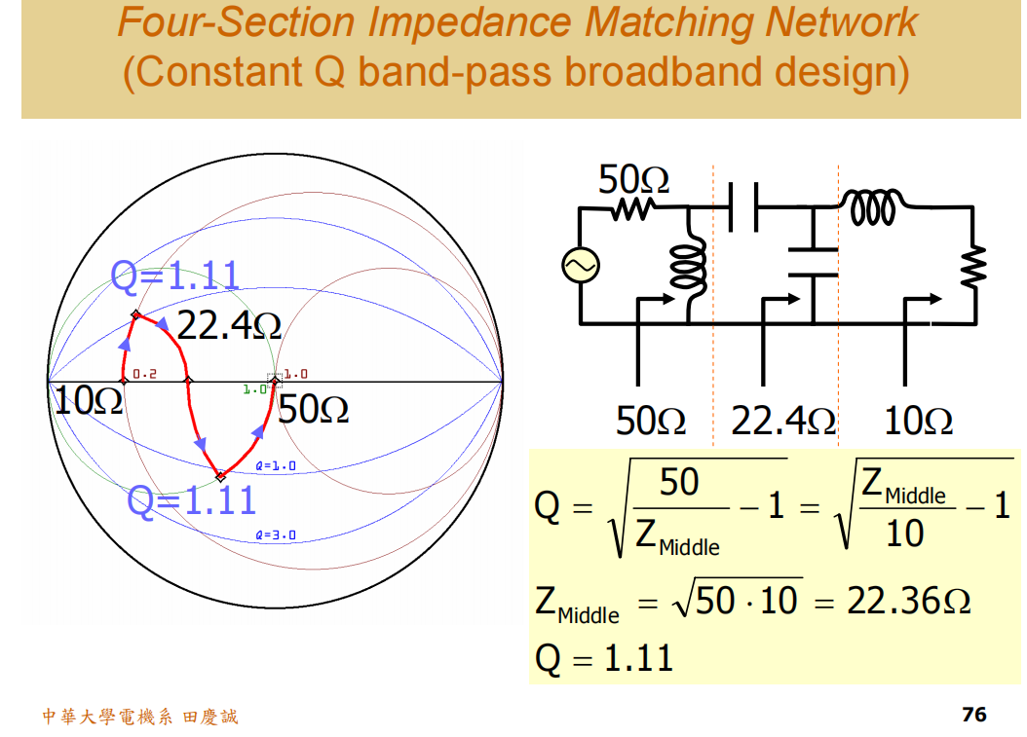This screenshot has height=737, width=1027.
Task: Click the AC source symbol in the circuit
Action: pyautogui.click(x=581, y=265)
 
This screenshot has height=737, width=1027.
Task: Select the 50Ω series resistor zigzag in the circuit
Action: pyautogui.click(x=633, y=207)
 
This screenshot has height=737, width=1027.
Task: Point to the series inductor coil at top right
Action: pyautogui.click(x=874, y=206)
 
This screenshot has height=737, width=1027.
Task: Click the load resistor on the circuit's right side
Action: pyautogui.click(x=973, y=266)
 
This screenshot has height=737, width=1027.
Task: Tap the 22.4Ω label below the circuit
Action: pyautogui.click(x=782, y=421)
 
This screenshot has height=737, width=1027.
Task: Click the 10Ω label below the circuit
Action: pyautogui.click(x=918, y=421)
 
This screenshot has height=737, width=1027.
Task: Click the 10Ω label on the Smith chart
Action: pyautogui.click(x=88, y=400)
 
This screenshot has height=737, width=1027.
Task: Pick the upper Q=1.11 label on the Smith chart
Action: pyautogui.click(x=175, y=276)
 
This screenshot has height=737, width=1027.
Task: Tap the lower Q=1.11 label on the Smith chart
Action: pyautogui.click(x=192, y=500)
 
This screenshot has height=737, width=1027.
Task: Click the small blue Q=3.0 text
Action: pyautogui.click(x=275, y=535)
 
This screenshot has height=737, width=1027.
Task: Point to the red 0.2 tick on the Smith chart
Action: pyautogui.click(x=144, y=374)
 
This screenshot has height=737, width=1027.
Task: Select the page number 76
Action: pyautogui.click(x=973, y=715)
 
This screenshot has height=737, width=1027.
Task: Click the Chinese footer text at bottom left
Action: pyautogui.click(x=139, y=718)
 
